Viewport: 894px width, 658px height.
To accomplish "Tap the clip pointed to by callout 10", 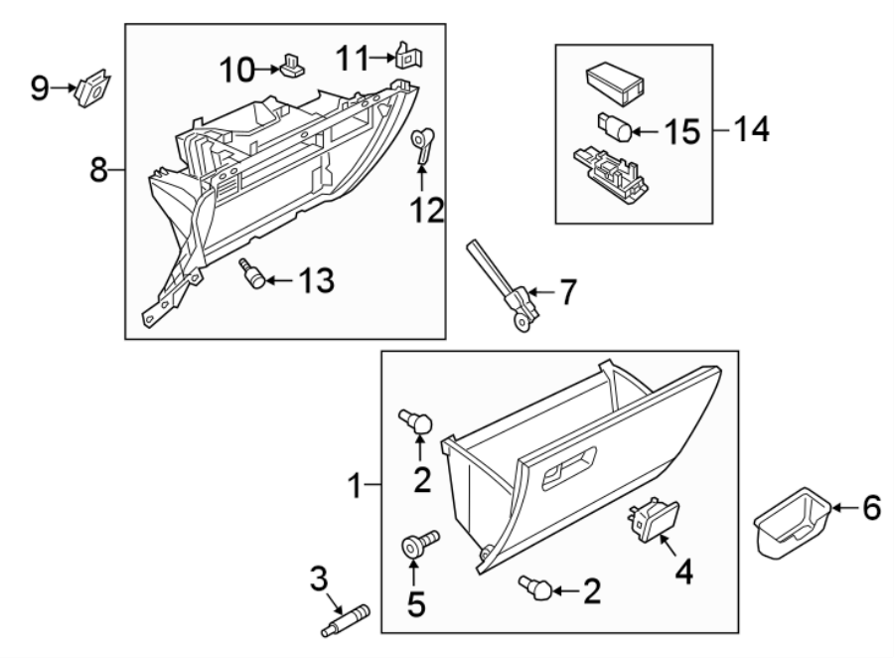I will (292, 66).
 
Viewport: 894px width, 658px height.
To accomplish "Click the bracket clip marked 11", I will (405, 56).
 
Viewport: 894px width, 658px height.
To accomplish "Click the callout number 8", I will (98, 170).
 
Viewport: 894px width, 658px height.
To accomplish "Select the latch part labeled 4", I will (653, 520).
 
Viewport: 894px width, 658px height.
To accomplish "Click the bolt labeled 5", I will (416, 547).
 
